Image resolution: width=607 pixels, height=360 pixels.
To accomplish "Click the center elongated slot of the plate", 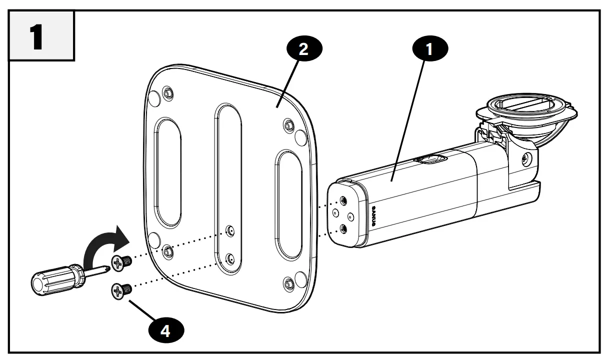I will coord(228,165).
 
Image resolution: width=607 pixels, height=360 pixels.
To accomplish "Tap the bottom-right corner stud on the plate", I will coord(288,284).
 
